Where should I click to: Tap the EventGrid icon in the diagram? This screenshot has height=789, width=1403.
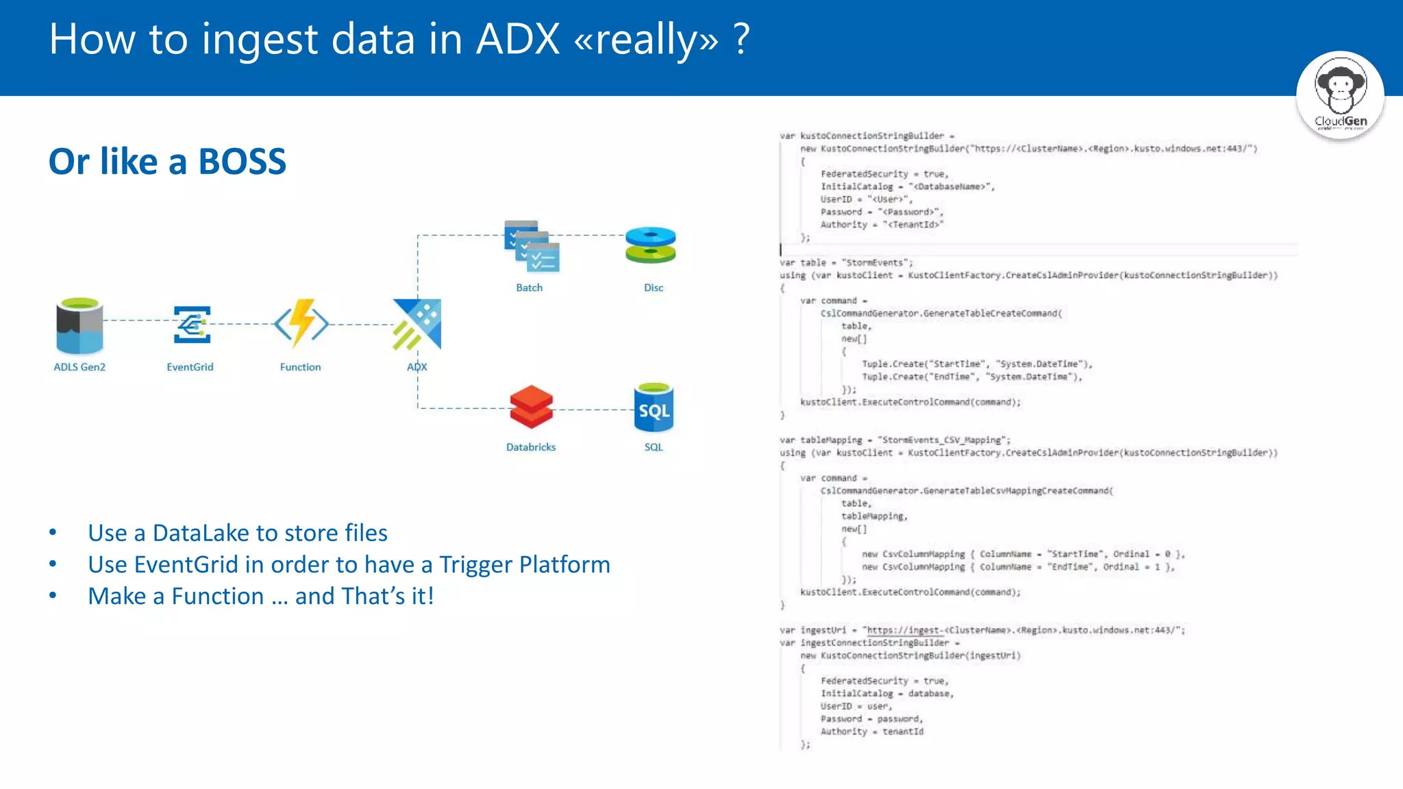pyautogui.click(x=191, y=325)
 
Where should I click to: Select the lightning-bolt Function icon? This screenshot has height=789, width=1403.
pyautogui.click(x=301, y=323)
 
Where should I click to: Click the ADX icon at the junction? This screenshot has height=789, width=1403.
pyautogui.click(x=417, y=324)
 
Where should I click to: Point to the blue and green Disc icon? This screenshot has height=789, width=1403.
pyautogui.click(x=651, y=245)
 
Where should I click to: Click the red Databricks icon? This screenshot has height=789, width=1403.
pyautogui.click(x=531, y=407)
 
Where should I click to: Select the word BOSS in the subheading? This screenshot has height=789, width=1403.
pyautogui.click(x=242, y=162)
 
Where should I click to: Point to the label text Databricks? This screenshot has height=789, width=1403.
pyautogui.click(x=531, y=447)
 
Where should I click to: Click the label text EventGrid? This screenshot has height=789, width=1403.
pyautogui.click(x=190, y=367)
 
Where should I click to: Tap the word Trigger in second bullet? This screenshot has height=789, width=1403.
pyautogui.click(x=475, y=564)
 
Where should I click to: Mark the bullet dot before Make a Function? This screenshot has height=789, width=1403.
pyautogui.click(x=53, y=596)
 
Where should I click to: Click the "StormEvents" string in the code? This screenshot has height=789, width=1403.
pyautogui.click(x=876, y=263)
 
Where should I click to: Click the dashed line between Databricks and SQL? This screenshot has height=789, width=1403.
pyautogui.click(x=593, y=410)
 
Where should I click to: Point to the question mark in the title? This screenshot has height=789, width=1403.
pyautogui.click(x=741, y=39)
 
